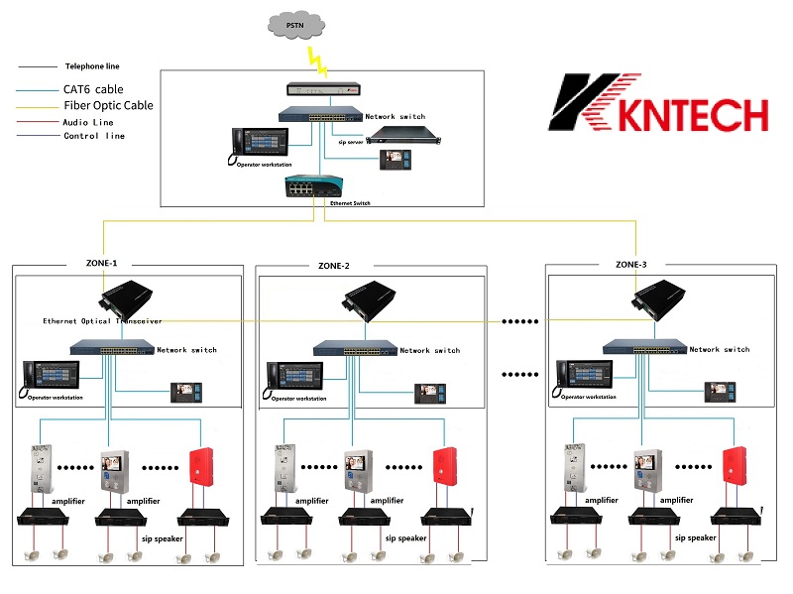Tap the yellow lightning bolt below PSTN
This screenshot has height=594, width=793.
[319, 60]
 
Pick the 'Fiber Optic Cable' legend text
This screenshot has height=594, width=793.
[109, 105]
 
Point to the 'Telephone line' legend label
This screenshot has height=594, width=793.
[98, 66]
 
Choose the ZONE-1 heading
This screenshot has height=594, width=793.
[101, 265]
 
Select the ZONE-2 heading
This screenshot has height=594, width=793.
[334, 265]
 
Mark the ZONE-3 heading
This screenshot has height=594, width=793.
[630, 265]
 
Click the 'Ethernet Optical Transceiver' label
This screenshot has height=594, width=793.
[102, 321]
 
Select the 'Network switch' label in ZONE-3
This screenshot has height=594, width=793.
[720, 350]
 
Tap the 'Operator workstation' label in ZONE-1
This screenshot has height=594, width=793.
[55, 398]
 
